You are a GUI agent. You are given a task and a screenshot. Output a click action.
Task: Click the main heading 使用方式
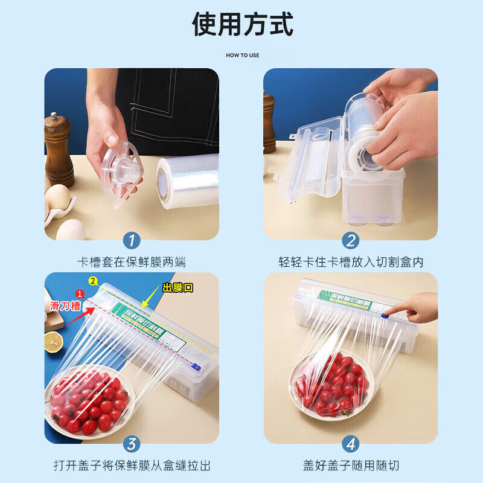point(242,25)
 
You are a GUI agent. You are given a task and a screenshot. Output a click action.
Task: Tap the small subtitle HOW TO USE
point(242,55)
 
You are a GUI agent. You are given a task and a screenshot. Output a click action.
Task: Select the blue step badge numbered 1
point(131,240)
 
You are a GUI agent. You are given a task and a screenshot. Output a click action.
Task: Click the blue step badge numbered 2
point(351,240)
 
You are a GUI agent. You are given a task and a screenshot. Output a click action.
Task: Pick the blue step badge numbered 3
point(131,444)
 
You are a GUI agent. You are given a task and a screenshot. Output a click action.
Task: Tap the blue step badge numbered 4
point(351,444)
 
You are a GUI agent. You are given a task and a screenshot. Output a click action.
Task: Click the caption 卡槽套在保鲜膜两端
point(132,262)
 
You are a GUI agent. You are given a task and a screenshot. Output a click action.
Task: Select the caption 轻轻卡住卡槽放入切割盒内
point(351,262)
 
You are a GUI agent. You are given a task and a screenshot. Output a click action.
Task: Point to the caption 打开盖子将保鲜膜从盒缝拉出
point(132,466)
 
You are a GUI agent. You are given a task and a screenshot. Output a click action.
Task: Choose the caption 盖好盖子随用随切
point(351,466)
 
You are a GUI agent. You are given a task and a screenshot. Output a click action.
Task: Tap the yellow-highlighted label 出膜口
point(178,288)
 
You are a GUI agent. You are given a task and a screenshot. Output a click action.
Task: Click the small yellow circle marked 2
point(93,281)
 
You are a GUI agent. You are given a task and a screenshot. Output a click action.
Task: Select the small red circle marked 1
point(78,294)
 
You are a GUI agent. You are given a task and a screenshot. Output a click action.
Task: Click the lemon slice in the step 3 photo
point(53,342)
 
